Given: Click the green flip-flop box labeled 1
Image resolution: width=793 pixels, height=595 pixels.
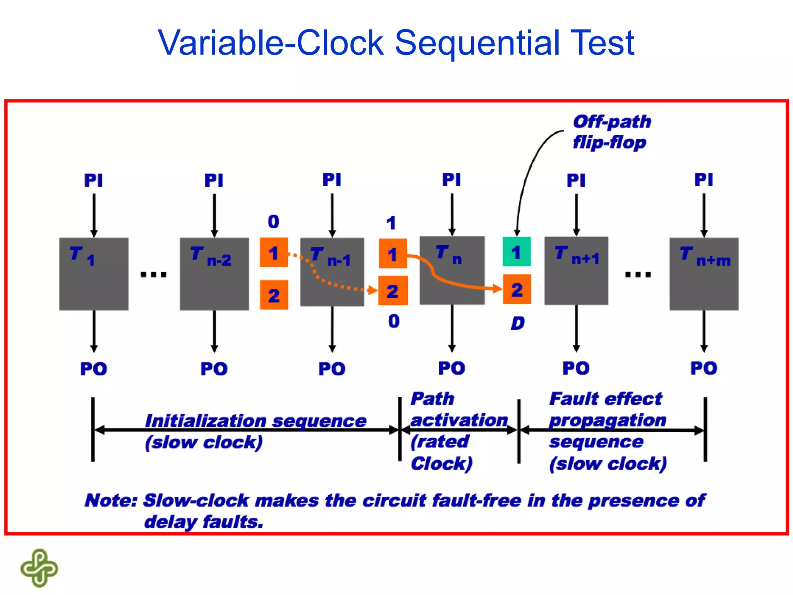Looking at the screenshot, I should (x=516, y=251).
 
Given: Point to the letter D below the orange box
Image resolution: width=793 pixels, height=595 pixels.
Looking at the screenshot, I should (x=517, y=323).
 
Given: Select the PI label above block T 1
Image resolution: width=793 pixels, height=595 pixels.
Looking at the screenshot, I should (x=94, y=180).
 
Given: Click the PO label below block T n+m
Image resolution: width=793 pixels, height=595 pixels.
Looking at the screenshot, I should (x=704, y=368).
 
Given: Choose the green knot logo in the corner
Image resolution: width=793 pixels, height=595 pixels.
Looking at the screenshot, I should (x=39, y=567).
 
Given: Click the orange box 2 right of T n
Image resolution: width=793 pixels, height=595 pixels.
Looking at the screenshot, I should (x=517, y=289).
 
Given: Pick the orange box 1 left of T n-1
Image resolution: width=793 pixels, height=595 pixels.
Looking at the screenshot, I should (x=273, y=253).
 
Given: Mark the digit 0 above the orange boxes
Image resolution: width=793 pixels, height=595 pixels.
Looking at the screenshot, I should (x=273, y=222).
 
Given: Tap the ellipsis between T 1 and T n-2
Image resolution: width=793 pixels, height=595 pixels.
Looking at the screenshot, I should (x=153, y=275).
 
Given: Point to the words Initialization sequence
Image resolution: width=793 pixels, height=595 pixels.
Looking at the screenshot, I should (x=256, y=421).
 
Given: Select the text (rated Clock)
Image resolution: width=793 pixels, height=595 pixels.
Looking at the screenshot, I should (x=441, y=452).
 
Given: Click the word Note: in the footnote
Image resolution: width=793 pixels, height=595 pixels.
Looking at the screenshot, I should (x=111, y=500).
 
